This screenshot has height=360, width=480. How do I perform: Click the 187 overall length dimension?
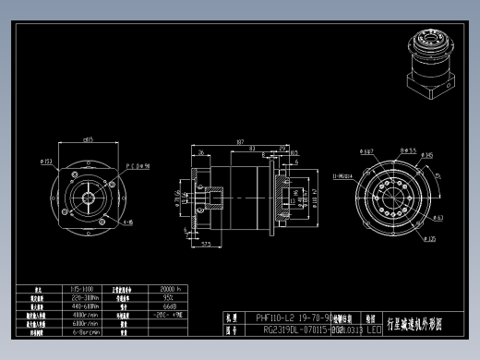coord(239,142)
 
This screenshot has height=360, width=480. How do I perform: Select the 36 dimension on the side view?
coord(201,152)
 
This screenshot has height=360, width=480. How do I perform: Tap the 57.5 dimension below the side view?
coord(207,244)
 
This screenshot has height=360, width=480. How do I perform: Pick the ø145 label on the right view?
coord(426,155)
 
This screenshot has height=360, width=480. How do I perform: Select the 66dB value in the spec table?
coord(170,306)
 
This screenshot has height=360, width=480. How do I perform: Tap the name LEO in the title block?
coord(373,329)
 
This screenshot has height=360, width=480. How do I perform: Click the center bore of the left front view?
coord(89,197)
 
